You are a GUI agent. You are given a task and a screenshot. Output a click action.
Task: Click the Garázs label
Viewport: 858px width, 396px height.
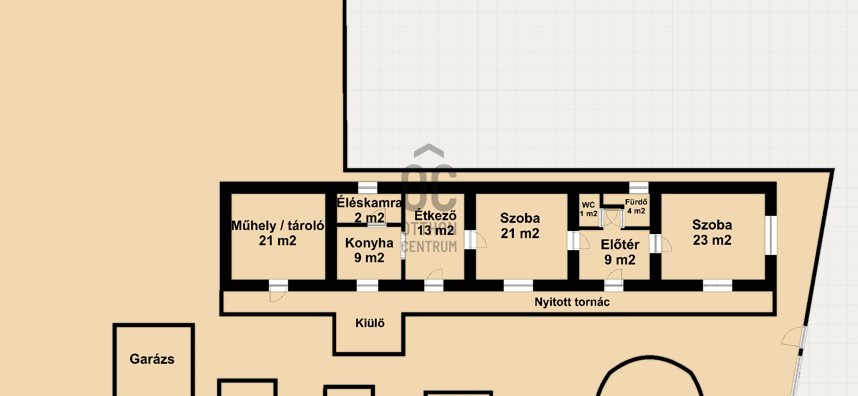pyautogui.click(x=152, y=359)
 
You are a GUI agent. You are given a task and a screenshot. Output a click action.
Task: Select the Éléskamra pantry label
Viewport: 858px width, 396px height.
pyautogui.click(x=369, y=203)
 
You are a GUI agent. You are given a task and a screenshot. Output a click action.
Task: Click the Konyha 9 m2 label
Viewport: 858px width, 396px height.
pyautogui.click(x=369, y=250)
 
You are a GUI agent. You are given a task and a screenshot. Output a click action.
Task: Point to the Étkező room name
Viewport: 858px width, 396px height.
pyautogui.click(x=435, y=215)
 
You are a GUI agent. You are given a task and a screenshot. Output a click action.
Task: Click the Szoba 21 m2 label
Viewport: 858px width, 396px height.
pyautogui.click(x=520, y=226)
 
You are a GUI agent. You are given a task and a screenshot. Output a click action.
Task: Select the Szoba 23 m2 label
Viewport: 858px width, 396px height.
pyautogui.click(x=712, y=232)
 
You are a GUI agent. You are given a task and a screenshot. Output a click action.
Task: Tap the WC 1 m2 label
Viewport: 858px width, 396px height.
pyautogui.click(x=589, y=209)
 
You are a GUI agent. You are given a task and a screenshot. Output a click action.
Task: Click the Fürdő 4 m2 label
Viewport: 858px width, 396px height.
pyautogui.click(x=636, y=206)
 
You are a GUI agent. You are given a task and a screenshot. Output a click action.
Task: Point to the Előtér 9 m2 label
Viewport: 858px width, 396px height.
pyautogui.click(x=620, y=252)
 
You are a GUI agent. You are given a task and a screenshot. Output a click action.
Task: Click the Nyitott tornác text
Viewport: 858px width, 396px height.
pyautogui.click(x=572, y=302)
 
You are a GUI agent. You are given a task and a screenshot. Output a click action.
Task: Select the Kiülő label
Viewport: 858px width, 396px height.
pyautogui.click(x=370, y=323)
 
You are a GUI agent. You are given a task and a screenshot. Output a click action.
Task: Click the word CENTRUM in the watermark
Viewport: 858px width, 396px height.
pyautogui.click(x=429, y=247)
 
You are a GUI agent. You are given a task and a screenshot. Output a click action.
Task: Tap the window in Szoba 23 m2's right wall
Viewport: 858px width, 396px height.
pyautogui.click(x=771, y=235)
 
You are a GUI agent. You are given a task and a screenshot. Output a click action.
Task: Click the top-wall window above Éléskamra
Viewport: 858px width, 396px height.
pyautogui.click(x=368, y=187)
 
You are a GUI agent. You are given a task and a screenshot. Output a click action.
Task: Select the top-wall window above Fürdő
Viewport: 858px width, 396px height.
pyautogui.click(x=639, y=187)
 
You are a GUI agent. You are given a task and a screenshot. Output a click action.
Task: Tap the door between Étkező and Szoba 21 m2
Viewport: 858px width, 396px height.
pyautogui.click(x=475, y=239)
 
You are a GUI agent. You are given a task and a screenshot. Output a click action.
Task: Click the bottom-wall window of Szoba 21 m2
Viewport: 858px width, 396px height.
pyautogui.click(x=518, y=285)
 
